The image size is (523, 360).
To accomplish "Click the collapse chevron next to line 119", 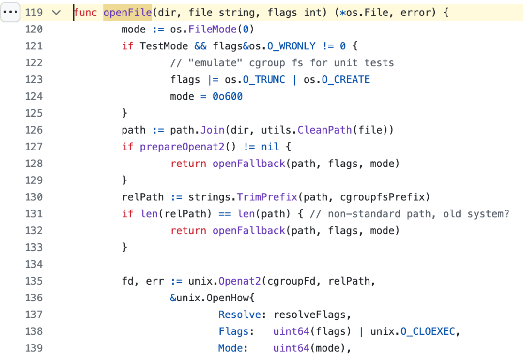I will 56,13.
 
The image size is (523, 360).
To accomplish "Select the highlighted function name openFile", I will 127,13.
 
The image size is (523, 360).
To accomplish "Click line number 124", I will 33,96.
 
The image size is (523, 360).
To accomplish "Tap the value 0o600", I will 228,96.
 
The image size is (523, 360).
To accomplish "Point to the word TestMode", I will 164,46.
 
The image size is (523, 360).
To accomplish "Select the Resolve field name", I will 240,315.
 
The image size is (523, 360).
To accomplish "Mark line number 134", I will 33,264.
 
